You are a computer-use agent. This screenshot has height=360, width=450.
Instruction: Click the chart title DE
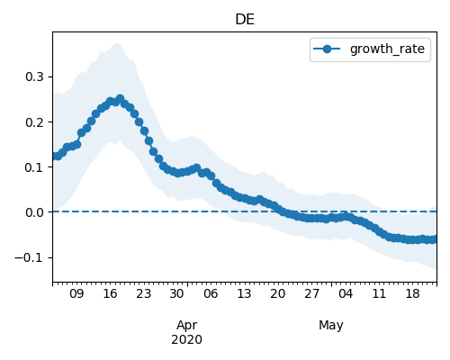pyautogui.click(x=245, y=20)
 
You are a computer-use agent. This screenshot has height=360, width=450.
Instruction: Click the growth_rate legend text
pyautogui.click(x=387, y=49)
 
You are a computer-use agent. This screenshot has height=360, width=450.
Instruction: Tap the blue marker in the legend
pyautogui.click(x=327, y=49)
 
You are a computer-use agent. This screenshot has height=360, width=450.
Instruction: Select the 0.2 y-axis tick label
pyautogui.click(x=34, y=122)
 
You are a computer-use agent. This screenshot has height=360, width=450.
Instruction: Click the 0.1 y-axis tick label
pyautogui.click(x=34, y=167)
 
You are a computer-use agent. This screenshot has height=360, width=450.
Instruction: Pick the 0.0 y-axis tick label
pyautogui.click(x=34, y=212)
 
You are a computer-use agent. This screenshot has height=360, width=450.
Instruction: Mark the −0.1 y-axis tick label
pyautogui.click(x=29, y=257)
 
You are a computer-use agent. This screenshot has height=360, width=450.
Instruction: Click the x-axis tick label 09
pyautogui.click(x=76, y=293)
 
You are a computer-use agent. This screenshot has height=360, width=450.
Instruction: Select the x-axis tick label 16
pyautogui.click(x=110, y=293)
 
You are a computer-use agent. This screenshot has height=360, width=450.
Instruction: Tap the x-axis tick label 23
pyautogui.click(x=144, y=293)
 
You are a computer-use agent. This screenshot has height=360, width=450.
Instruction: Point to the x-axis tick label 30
pyautogui.click(x=176, y=293)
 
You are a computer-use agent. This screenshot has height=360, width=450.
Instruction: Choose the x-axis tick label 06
pyautogui.click(x=211, y=293)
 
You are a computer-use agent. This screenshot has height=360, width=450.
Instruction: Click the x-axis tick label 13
pyautogui.click(x=244, y=293)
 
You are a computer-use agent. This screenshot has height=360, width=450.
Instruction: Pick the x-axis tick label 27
pyautogui.click(x=311, y=293)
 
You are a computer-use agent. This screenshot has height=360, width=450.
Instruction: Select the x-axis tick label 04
pyautogui.click(x=346, y=293)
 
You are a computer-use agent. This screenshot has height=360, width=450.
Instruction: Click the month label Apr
pyautogui.click(x=187, y=326)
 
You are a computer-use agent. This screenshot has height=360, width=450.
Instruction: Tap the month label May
pyautogui.click(x=331, y=326)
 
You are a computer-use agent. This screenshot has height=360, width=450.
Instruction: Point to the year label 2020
pyautogui.click(x=186, y=340)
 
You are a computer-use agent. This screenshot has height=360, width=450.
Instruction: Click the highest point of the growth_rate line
pyautogui.click(x=121, y=98)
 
